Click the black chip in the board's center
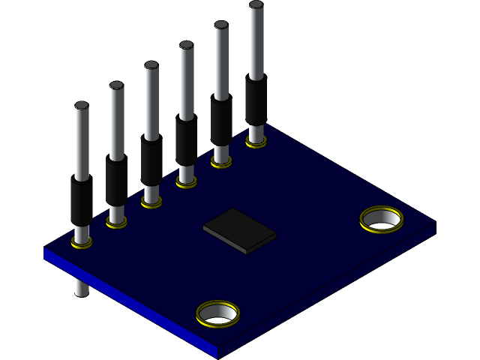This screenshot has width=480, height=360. click(239, 230)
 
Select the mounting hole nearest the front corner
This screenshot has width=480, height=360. click(217, 313)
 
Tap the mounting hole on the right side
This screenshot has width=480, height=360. click(382, 219)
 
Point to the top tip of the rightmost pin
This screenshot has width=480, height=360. click(256, 6)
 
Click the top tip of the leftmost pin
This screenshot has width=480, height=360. click(81, 106)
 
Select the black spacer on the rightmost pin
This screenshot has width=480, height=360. click(256, 100)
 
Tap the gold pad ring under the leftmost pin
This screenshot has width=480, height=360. click(82, 242)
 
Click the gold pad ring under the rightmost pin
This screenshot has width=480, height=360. click(256, 141)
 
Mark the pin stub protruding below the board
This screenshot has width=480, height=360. click(81, 286)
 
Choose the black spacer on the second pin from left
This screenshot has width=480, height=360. click(116, 182)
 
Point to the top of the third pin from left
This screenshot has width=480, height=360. click(151, 66)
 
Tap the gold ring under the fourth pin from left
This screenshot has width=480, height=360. click(187, 181)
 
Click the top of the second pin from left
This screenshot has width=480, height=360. click(116, 85)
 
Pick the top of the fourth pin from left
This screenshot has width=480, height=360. click(186, 45)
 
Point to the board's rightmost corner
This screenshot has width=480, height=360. click(435, 223)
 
